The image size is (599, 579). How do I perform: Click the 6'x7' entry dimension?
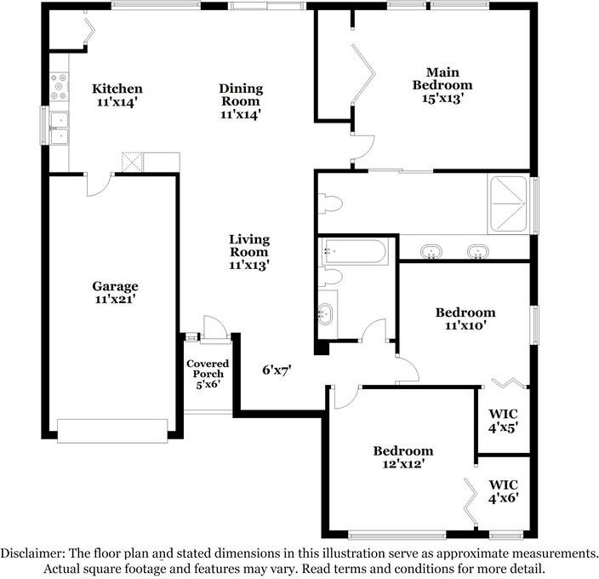coord(277,370)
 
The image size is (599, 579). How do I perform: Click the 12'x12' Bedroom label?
coord(402,457)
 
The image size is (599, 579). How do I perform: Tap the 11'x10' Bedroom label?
coord(465,318)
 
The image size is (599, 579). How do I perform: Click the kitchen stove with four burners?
coord(60,84)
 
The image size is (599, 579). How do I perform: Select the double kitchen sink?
coord(60,128)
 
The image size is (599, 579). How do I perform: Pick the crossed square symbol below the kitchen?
coord(132,162)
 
